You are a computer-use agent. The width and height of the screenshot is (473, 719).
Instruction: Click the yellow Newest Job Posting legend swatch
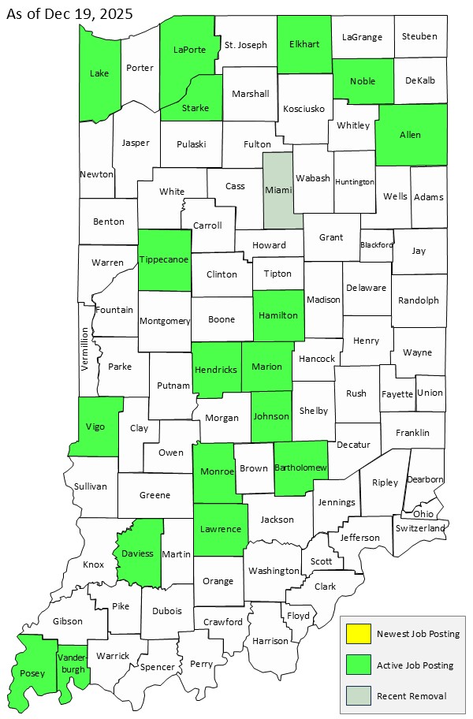pyautogui.click(x=359, y=635)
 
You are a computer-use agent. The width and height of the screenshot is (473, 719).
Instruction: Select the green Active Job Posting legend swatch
pyautogui.click(x=359, y=665)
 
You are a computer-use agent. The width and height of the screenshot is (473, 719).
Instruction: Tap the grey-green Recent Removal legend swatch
pyautogui.click(x=359, y=696)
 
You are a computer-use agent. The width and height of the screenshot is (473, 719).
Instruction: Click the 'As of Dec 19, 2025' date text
pyautogui.click(x=69, y=13)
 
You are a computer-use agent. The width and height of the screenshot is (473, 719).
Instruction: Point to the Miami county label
pyautogui.click(x=278, y=190)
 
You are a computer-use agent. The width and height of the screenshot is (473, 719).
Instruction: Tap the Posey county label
pyautogui.click(x=32, y=673)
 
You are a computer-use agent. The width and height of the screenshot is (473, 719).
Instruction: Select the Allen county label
pyautogui.click(x=410, y=135)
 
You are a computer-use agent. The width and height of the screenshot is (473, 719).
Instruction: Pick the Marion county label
pyautogui.click(x=266, y=367)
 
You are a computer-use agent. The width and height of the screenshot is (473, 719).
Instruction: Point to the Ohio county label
pyautogui.click(x=423, y=514)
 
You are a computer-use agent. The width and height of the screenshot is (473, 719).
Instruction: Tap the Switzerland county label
pyautogui.click(x=421, y=527)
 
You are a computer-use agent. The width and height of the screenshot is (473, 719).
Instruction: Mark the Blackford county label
pyautogui.click(x=376, y=245)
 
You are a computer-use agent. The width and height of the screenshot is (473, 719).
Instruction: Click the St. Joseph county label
pyautogui.click(x=246, y=45)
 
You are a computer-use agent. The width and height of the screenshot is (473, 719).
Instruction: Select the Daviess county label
pyautogui.click(x=137, y=553)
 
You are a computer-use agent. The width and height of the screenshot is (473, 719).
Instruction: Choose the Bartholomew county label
pyautogui.click(x=300, y=468)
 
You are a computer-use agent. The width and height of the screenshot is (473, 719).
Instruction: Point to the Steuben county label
pyautogui.click(x=419, y=36)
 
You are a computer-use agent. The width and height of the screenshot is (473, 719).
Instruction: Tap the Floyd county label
pyautogui.click(x=298, y=616)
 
